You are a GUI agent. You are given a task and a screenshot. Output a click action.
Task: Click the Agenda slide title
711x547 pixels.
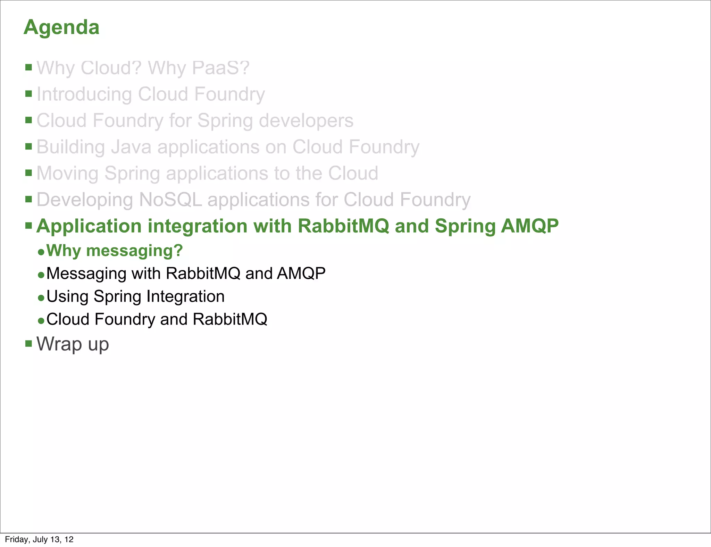pos(61,27)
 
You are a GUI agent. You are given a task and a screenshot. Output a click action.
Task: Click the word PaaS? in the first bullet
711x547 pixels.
pos(221,68)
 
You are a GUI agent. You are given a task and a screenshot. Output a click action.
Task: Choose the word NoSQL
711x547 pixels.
pos(170,200)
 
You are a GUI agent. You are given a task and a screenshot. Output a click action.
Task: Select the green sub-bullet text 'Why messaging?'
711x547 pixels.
pos(115,251)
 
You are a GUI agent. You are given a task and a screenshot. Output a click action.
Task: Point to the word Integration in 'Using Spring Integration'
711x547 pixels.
pos(185,297)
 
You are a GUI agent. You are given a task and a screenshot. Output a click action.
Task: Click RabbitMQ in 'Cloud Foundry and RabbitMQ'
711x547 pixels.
pos(230,319)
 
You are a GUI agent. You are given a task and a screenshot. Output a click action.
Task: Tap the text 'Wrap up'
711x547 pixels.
pos(73,344)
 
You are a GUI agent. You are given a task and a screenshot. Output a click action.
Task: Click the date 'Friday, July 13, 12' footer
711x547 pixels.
pos(39,539)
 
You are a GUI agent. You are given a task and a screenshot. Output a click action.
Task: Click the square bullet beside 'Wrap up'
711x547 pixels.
pos(28,344)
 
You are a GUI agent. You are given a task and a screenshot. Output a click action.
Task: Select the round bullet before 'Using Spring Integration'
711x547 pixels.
pos(41,298)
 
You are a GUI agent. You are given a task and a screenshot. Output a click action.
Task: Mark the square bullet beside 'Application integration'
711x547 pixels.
pos(28,226)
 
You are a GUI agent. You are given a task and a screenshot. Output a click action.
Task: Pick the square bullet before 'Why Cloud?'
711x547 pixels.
pos(28,67)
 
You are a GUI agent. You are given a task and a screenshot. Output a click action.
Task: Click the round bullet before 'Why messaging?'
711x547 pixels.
pos(41,252)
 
